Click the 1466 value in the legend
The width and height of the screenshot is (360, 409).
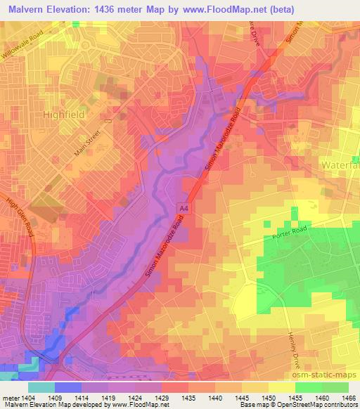pos(348,396)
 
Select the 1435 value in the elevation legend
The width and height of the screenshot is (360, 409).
pos(188,396)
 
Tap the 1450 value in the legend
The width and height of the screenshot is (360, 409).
pos(269,396)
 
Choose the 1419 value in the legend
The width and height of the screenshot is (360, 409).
pos(108,396)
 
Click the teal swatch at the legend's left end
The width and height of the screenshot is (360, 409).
pos(40,387)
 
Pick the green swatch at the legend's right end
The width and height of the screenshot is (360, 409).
pos(335,387)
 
